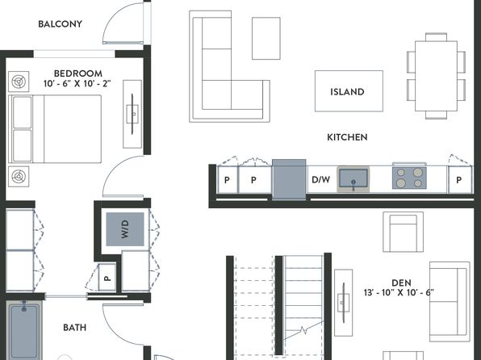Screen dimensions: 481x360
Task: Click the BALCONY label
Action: [x=60, y=24]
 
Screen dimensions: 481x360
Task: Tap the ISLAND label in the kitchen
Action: [x=347, y=92]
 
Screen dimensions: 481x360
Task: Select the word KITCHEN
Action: [x=347, y=137]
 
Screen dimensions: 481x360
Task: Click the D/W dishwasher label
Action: [x=321, y=179]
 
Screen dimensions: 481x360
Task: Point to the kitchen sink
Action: [x=353, y=179]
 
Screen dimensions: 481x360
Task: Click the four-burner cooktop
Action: [x=409, y=178]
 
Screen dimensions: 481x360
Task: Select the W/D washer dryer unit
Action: [x=125, y=229]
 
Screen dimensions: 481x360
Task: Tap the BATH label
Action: [x=74, y=328]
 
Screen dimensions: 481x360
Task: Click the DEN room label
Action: [x=401, y=283]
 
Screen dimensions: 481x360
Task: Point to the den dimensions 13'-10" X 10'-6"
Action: [x=399, y=292]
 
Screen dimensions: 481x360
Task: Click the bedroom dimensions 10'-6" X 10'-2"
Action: [x=77, y=83]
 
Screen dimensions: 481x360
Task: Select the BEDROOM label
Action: [x=78, y=73]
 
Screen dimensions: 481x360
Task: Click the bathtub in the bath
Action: [x=23, y=331]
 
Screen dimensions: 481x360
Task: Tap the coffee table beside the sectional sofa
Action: [x=266, y=39]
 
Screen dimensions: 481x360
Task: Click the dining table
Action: [x=436, y=76]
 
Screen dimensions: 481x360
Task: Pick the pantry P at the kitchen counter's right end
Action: [x=459, y=180]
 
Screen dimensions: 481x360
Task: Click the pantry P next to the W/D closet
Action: [x=107, y=278]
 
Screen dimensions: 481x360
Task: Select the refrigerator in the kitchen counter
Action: [x=289, y=179]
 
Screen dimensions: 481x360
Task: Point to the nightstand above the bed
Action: [x=19, y=82]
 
